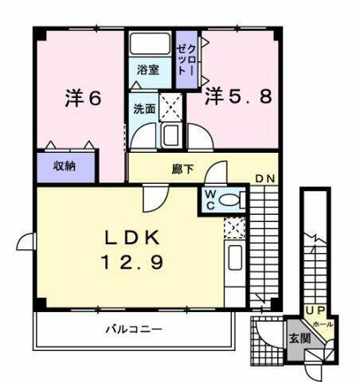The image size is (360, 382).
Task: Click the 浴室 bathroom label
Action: (x=147, y=69)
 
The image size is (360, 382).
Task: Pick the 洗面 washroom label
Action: (x=143, y=109)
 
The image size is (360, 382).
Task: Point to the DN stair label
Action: (x=265, y=179)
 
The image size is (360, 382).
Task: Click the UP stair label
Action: (x=313, y=310)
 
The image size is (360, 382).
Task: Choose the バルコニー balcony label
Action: (x=133, y=329)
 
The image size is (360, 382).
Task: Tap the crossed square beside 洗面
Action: (x=170, y=105)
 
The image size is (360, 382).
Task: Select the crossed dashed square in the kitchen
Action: (x=234, y=228)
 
